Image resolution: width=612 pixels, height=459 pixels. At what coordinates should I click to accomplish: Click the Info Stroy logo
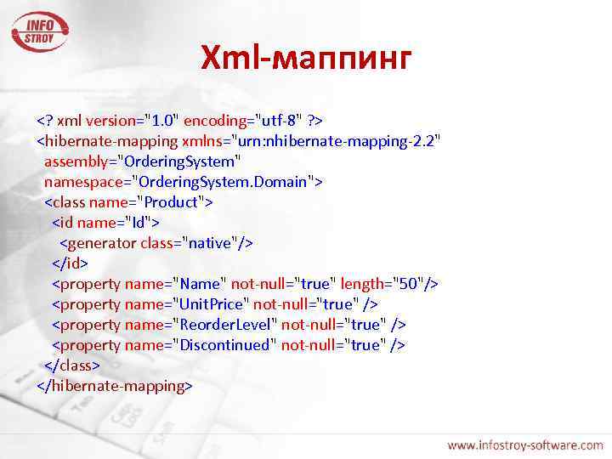[39, 31]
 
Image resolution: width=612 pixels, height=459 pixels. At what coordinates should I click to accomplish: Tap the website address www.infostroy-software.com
[525, 444]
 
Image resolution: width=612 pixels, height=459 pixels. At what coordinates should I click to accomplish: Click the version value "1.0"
[161, 120]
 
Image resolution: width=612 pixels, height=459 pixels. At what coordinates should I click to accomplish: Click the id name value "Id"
[138, 222]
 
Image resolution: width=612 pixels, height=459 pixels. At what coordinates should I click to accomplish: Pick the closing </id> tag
[70, 263]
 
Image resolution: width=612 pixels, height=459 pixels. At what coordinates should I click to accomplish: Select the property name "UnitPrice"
[210, 303]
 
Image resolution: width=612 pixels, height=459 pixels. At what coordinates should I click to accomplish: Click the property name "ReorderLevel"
[224, 324]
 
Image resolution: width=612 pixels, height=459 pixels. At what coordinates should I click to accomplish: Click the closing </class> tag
[72, 365]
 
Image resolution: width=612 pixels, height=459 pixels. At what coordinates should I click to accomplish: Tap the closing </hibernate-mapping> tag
[115, 385]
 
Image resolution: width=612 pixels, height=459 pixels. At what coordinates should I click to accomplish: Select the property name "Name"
[199, 283]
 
